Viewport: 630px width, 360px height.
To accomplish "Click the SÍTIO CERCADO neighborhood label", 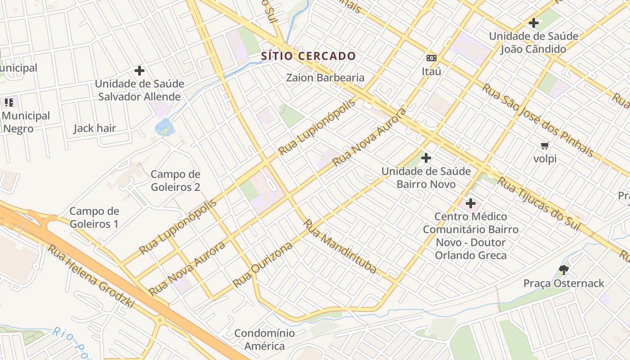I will click(309, 56).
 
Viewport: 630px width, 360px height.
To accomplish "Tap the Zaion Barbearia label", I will click(325, 77).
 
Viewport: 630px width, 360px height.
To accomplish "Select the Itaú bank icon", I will click(432, 58).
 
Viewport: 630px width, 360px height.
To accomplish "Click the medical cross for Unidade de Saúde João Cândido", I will click(534, 22).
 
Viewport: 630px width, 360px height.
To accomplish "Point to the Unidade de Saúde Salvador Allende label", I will click(139, 90).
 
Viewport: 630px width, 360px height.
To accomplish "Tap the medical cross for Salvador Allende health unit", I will click(139, 71).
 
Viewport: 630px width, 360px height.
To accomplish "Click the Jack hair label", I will click(95, 128).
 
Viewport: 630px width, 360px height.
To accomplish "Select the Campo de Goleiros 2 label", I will click(175, 180).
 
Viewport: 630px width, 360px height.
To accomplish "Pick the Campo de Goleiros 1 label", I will click(94, 217).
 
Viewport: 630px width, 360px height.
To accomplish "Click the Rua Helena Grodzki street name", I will click(91, 276).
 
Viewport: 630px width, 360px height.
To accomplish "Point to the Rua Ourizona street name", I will click(262, 265).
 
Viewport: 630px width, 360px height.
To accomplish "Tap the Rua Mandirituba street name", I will click(340, 246).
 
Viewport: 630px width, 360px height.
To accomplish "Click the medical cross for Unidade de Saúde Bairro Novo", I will click(426, 158).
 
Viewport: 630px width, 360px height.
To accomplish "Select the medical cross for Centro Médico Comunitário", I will click(471, 203).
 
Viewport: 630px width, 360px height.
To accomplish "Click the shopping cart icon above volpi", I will click(545, 145).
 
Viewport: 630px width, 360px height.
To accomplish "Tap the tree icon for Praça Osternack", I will click(563, 270).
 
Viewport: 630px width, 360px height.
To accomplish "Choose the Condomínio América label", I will click(265, 340).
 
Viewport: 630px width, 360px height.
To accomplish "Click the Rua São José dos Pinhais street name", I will click(537, 120).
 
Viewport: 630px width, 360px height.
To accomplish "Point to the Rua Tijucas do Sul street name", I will click(539, 203).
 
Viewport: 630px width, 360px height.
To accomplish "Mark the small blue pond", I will click(164, 127).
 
